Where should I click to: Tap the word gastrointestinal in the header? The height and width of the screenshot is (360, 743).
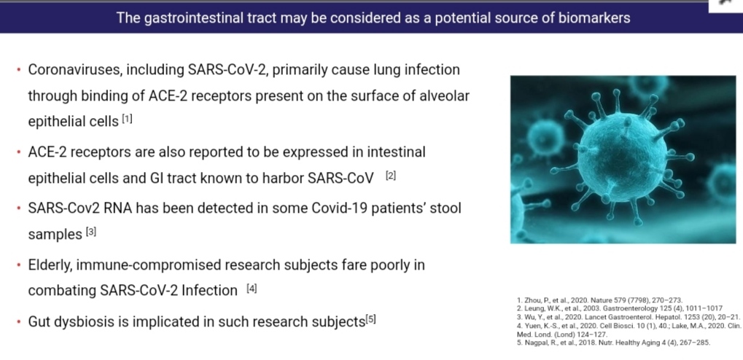click(192, 18)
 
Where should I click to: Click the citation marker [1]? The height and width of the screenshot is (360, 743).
click(127, 119)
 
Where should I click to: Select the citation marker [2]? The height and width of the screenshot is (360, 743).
click(390, 176)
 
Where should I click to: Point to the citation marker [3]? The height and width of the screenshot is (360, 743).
click(91, 232)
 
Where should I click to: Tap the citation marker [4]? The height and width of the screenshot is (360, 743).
click(252, 288)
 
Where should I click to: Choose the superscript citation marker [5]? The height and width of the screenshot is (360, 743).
click(370, 319)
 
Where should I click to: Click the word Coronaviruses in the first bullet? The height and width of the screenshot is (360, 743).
click(74, 70)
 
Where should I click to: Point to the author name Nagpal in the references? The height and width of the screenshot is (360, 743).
click(536, 343)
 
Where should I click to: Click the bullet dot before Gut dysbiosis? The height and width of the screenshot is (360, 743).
click(18, 321)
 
